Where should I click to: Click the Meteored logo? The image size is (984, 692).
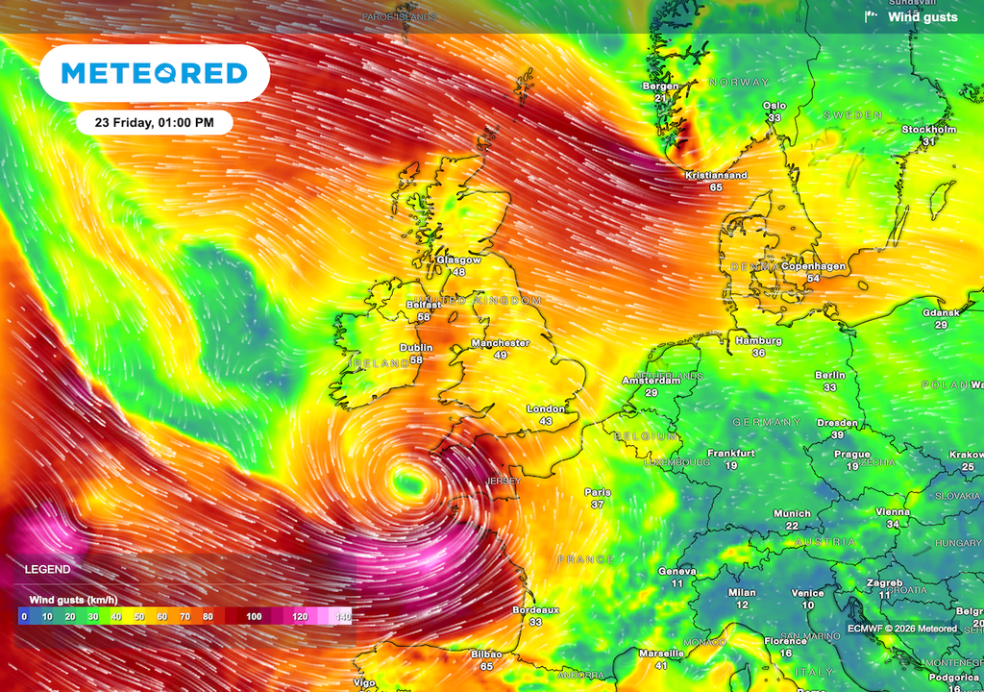click(x=154, y=73)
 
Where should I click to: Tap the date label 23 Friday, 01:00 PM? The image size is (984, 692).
click(x=154, y=122)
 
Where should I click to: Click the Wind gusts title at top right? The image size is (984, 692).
click(x=922, y=16)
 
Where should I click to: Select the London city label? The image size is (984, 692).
click(x=545, y=409)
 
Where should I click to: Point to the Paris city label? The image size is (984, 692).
click(x=598, y=492)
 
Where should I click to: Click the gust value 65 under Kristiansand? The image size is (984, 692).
click(x=716, y=187)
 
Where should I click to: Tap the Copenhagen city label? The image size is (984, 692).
click(x=813, y=266)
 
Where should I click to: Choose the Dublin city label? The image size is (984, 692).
click(x=416, y=348)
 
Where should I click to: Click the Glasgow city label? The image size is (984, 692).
click(x=458, y=260)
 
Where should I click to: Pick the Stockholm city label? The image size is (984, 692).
click(x=928, y=130)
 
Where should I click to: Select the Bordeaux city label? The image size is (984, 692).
click(x=535, y=609)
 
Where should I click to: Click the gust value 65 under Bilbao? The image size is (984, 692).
click(x=486, y=665)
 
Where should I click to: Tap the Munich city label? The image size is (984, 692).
click(x=792, y=514)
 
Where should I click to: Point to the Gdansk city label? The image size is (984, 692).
click(x=940, y=313)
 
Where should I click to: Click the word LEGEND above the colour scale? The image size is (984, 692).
click(x=47, y=570)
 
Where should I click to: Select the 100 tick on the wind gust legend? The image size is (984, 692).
click(x=254, y=615)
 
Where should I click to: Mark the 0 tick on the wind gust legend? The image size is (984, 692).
click(x=23, y=615)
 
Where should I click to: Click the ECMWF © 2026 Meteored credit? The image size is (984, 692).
click(x=902, y=629)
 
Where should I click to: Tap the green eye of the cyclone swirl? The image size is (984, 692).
click(x=410, y=482)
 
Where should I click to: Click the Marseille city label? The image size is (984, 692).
click(x=661, y=654)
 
